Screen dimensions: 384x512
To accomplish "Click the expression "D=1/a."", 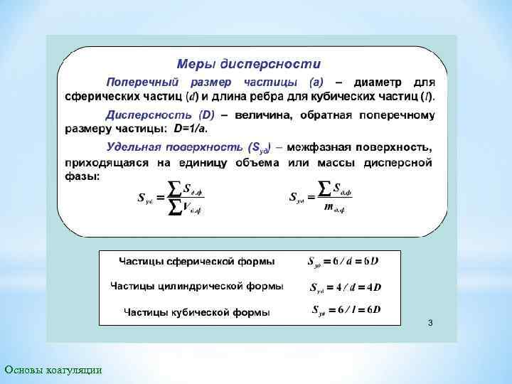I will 192,129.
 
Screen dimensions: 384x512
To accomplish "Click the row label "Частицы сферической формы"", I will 197,262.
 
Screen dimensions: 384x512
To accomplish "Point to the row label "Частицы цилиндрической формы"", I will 197,286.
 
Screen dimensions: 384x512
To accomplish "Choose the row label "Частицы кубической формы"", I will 197,311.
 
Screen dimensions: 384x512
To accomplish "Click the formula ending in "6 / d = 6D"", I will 343,261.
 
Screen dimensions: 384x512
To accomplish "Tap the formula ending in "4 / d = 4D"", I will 346,287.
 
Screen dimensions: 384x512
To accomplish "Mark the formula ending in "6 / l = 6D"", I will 346,310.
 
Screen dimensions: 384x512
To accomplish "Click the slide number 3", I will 430,324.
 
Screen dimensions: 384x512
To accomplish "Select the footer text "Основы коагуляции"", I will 53,369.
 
